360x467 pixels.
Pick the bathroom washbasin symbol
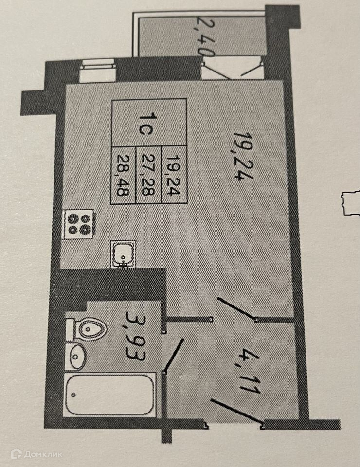[x=77, y=357]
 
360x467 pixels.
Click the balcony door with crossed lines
[x=232, y=68]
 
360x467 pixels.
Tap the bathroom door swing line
[x=175, y=355]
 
